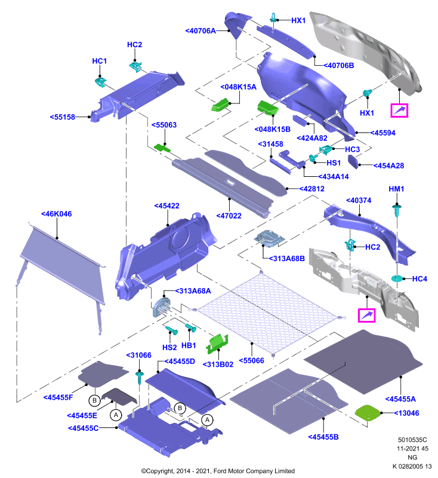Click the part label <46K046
pos(57,214)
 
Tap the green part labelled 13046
pos(368,413)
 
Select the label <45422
pos(167,206)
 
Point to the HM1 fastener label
pos(396,189)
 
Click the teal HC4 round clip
pos(397,278)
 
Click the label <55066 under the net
pos(252,360)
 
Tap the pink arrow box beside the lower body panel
pos(367,315)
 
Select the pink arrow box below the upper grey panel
pos(399,111)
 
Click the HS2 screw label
pos(169,347)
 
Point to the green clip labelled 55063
pos(162,148)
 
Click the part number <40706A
pos(201,31)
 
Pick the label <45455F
pos(58,397)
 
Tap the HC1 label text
pos(100,61)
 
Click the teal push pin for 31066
pos(140,378)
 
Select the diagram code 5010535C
pos(412,440)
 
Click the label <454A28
pos(388,166)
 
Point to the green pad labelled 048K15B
pos(268,108)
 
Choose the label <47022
pos(229,216)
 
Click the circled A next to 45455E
pos(116,415)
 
